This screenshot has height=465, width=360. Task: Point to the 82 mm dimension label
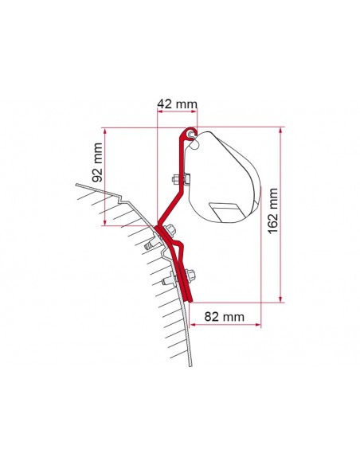click(x=221, y=317)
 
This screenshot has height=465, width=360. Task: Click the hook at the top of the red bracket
click(x=190, y=132)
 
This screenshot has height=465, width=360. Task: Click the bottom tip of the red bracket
click(x=191, y=299)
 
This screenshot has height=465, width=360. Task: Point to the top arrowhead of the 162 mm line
click(x=280, y=128)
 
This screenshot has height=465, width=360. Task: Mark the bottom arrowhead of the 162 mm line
click(x=280, y=301)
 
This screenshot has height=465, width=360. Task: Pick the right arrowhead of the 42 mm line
click(x=198, y=112)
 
